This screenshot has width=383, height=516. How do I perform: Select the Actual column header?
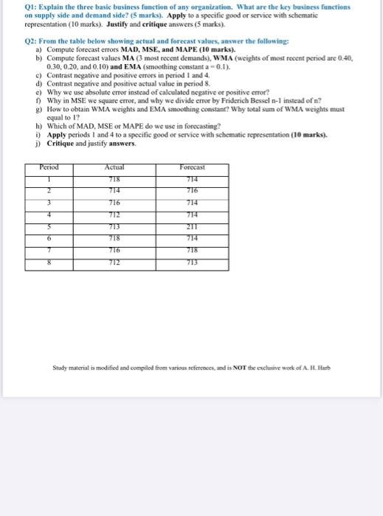[114, 167]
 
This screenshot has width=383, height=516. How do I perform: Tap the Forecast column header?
[193, 167]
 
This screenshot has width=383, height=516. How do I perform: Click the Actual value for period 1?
[114, 178]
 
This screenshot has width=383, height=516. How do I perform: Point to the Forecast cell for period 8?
[193, 262]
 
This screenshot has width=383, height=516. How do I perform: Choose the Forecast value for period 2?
[193, 190]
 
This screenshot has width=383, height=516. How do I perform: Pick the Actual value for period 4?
[114, 215]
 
